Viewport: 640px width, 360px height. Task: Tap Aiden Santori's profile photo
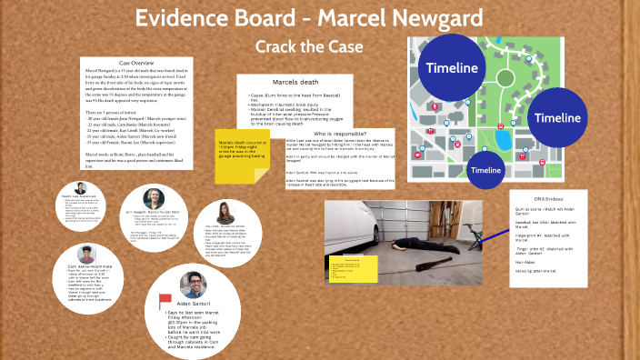click(193, 283)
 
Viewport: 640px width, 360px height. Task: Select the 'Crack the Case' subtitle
click(309, 46)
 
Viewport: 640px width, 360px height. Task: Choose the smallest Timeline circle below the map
click(485, 170)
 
